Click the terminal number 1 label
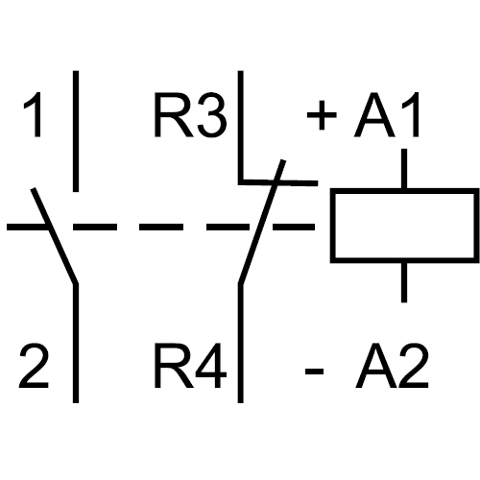(x=34, y=114)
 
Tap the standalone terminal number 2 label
(x=34, y=366)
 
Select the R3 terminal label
(x=190, y=114)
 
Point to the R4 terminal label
(x=190, y=366)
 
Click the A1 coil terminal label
(x=387, y=114)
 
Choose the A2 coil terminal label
(x=392, y=366)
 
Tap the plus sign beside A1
(x=322, y=115)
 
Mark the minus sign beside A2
(x=314, y=372)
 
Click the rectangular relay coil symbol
(x=405, y=191)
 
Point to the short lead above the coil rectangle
(x=404, y=169)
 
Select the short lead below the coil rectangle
(x=404, y=282)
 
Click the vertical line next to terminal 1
(x=76, y=132)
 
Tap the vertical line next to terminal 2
(x=76, y=343)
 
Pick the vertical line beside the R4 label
(x=241, y=343)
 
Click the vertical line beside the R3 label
(x=241, y=127)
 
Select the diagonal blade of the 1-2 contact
(x=55, y=236)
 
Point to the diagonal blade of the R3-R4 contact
(x=262, y=222)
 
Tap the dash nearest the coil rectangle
(x=294, y=227)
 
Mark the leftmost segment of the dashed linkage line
(x=27, y=227)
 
